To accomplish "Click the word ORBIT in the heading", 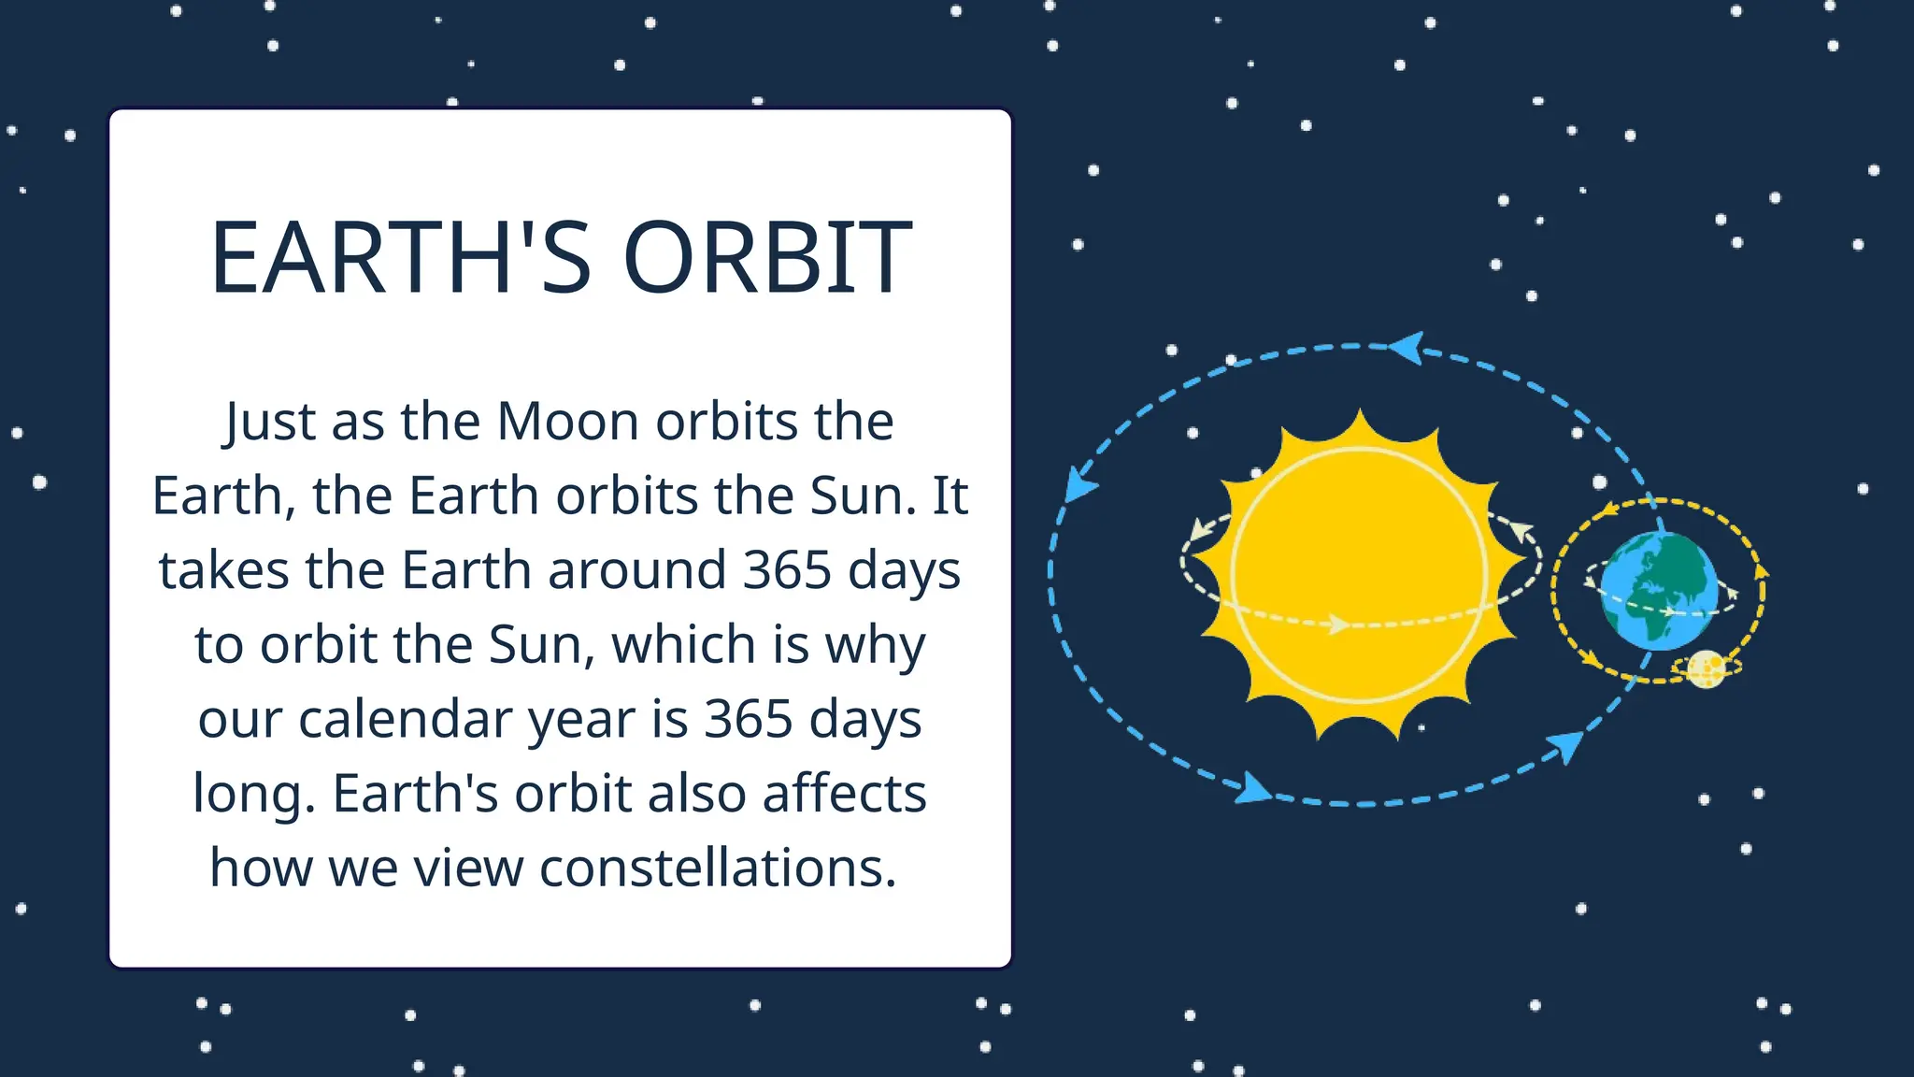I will click(767, 258).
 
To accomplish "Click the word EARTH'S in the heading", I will click(401, 258).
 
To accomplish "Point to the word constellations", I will click(718, 868).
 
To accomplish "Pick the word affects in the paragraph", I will click(844, 794).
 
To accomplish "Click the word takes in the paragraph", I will click(223, 570).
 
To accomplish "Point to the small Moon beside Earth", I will click(1707, 668).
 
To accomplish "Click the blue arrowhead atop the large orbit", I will click(1407, 348).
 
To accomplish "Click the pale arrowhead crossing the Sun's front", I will click(1339, 624).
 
